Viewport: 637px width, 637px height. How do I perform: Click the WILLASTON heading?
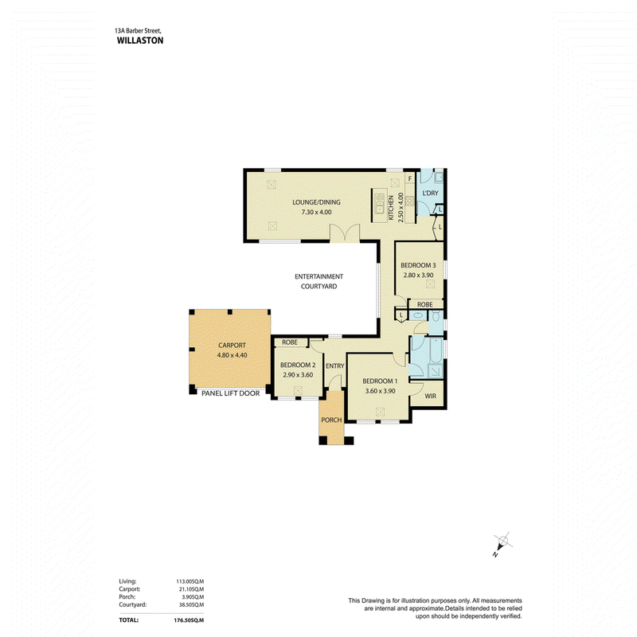point(140,41)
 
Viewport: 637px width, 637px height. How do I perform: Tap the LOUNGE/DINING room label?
point(316,202)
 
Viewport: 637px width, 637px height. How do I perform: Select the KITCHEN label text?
point(391,208)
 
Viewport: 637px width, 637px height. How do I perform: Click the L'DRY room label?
point(431,193)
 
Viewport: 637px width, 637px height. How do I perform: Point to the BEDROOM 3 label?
point(418,265)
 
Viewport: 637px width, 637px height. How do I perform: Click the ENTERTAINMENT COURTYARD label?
point(319,281)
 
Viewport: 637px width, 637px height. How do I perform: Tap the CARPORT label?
point(232,346)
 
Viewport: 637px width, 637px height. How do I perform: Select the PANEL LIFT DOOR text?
point(230,393)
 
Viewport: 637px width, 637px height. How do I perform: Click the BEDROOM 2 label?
point(298,365)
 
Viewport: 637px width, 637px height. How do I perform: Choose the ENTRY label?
point(334,366)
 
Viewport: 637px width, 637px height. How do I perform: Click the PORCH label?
point(331,420)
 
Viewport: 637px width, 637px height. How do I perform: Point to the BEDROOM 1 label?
point(380,381)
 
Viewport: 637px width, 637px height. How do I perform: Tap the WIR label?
point(431,396)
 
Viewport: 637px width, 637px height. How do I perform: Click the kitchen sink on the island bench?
point(380,203)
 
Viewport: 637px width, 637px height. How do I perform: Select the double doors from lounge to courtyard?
point(345,233)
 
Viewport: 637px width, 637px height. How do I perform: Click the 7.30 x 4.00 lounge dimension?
point(316,212)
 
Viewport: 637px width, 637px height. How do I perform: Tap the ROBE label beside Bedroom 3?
point(425,304)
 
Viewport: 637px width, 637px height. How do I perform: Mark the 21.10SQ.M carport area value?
point(190,589)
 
